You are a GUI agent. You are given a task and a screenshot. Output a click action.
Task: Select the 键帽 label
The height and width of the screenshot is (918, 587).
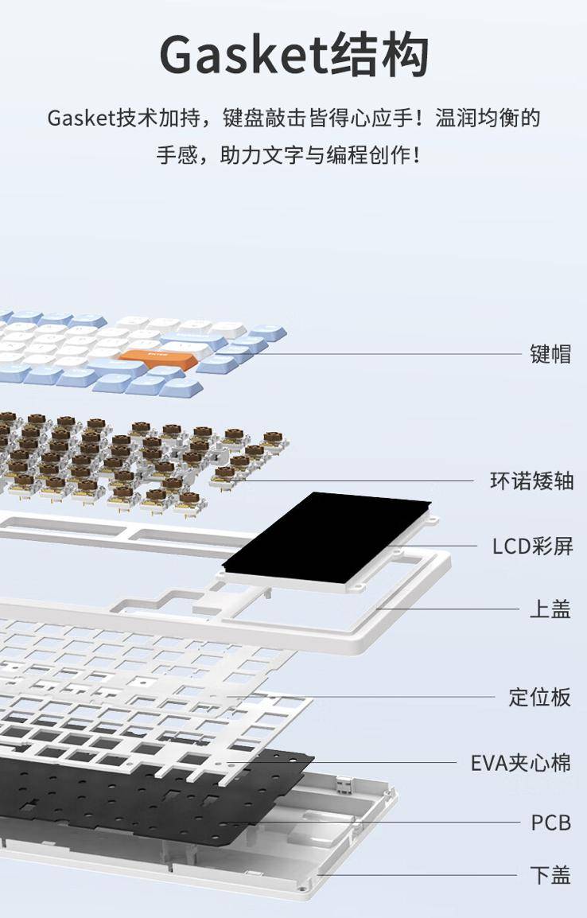pos(550,354)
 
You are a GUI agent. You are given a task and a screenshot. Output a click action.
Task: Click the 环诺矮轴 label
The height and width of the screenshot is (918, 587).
pos(531,481)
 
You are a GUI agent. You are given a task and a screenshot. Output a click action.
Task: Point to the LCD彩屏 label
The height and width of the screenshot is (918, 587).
pos(533,547)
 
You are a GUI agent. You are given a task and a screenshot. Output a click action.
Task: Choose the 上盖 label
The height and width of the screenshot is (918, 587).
pos(550,609)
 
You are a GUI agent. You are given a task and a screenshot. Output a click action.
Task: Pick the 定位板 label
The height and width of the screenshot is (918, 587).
pos(539,698)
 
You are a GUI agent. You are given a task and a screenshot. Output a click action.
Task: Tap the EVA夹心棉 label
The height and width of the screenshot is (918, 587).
pos(521,763)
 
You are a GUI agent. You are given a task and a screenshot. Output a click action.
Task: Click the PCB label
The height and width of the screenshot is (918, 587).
pos(550,823)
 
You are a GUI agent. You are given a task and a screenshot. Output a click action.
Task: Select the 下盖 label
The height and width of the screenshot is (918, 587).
pos(550,875)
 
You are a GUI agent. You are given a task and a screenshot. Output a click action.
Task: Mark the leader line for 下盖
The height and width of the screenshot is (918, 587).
pos(418,875)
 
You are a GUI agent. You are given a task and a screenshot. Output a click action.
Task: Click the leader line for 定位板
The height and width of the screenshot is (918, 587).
pos(363,698)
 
